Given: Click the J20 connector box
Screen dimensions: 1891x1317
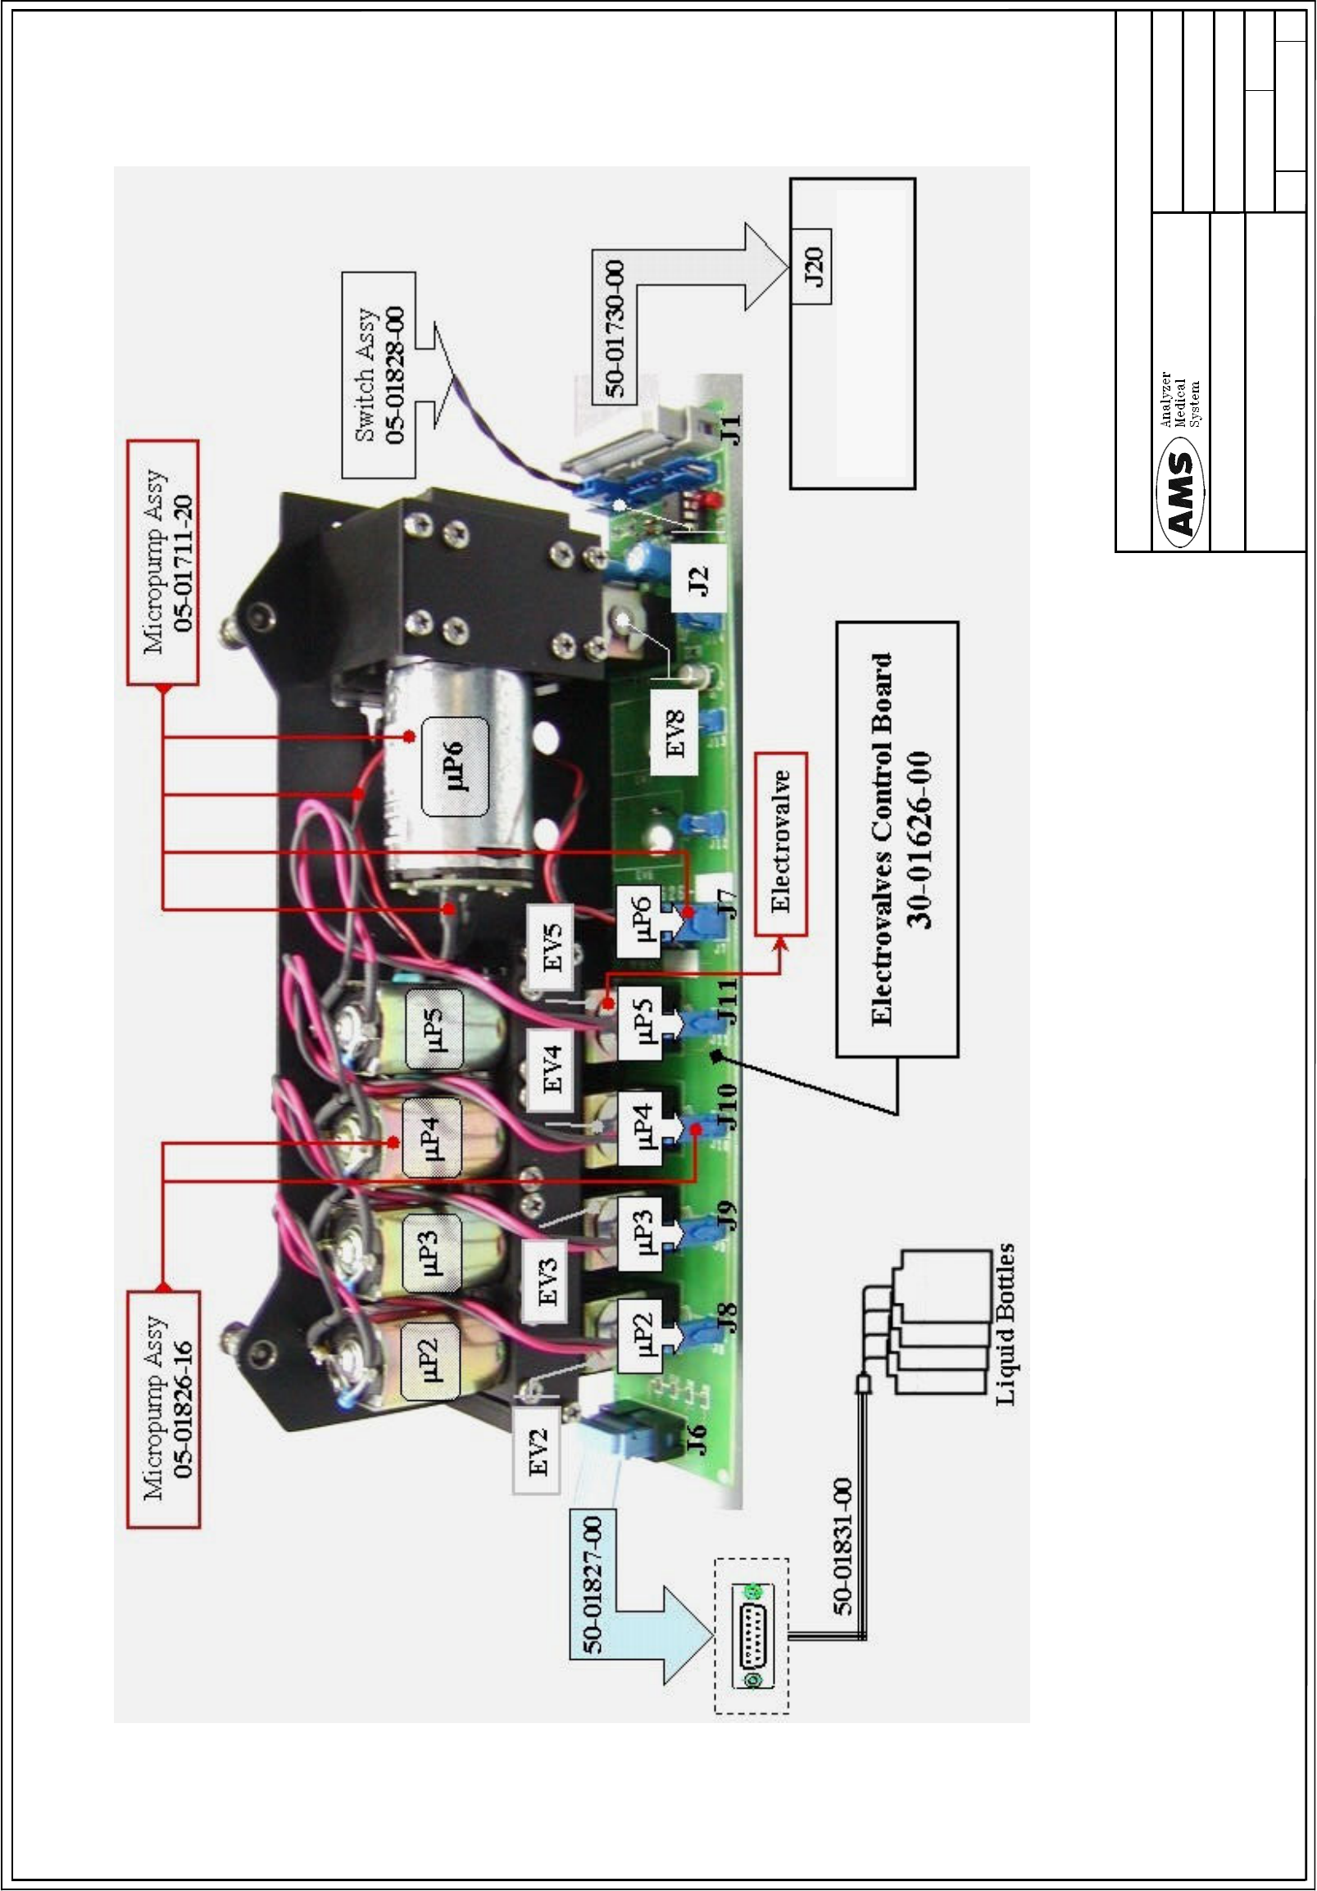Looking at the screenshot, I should (811, 267).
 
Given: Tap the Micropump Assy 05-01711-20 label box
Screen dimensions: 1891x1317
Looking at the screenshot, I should (162, 563).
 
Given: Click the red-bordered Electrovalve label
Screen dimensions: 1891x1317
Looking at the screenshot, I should (780, 842).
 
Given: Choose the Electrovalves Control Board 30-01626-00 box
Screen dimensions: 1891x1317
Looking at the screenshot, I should (898, 839).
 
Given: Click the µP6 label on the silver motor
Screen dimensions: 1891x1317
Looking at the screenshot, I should (454, 766).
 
